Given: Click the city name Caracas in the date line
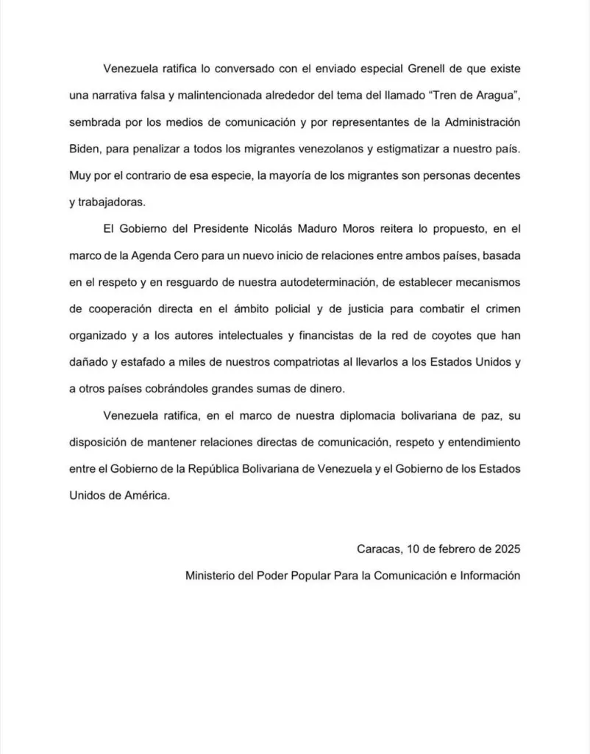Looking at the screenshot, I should coord(379,549).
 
